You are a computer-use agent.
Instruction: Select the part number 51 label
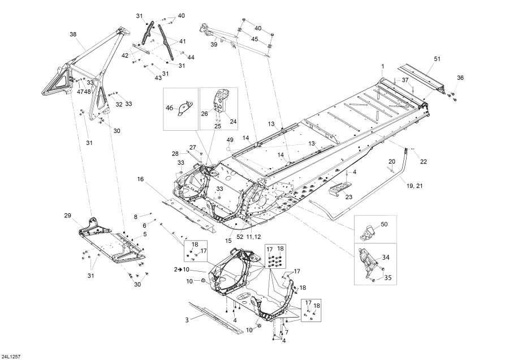[437, 59]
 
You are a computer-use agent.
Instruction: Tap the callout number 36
[460, 78]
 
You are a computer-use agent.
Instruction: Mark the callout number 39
[214, 44]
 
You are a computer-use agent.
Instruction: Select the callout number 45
[255, 39]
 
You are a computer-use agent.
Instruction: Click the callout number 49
[230, 140]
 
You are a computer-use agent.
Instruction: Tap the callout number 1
[382, 67]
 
